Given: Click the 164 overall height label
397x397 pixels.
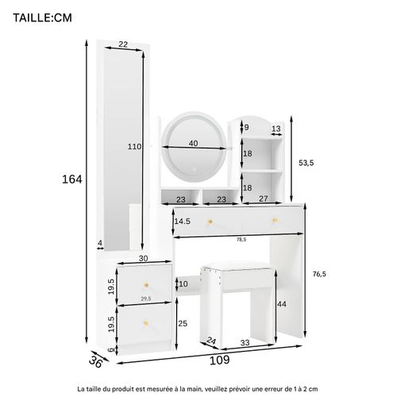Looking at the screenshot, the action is point(72,179).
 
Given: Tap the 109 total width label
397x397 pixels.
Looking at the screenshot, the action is point(219,360).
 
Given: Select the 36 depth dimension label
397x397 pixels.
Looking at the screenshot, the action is point(95,362).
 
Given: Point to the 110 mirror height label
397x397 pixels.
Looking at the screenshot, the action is point(134,146).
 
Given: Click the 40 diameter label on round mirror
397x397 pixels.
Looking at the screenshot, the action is point(194,143).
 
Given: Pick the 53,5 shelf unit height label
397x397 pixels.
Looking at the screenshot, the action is point(306,163).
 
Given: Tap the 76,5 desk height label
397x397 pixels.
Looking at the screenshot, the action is point(319,274).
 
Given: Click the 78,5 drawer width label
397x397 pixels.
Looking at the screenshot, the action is point(241,240).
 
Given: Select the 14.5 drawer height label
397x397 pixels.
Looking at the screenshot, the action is point(183,222).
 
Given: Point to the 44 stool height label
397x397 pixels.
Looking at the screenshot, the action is point(282,304).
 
